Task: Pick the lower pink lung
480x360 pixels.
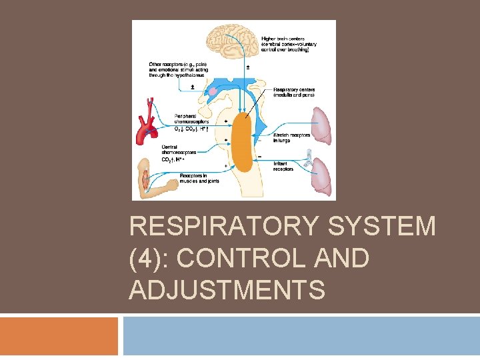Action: pyautogui.click(x=323, y=176)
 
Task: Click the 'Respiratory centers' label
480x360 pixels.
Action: pyautogui.click(x=293, y=92)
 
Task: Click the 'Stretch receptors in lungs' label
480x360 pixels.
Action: pyautogui.click(x=291, y=137)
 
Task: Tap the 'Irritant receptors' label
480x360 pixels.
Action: pyautogui.click(x=283, y=166)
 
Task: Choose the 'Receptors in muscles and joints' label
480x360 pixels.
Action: pyautogui.click(x=199, y=178)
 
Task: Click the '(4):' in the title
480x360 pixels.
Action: pyautogui.click(x=153, y=259)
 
